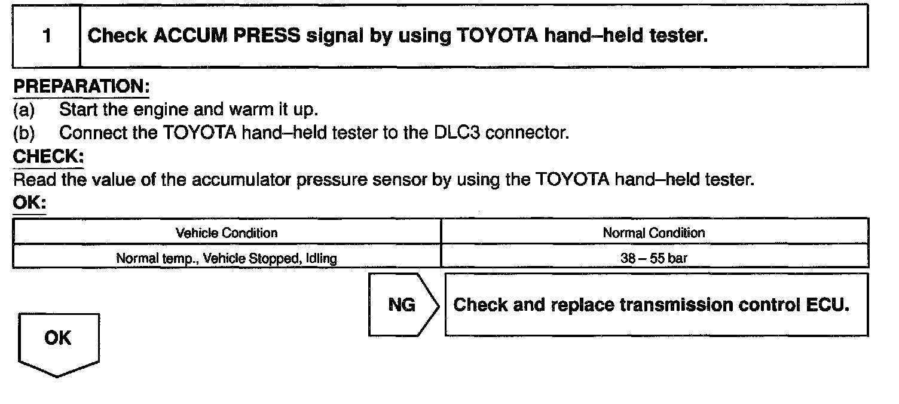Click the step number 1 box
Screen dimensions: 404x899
click(x=47, y=36)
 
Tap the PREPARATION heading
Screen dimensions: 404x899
click(x=81, y=87)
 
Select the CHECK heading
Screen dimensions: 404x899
click(x=48, y=157)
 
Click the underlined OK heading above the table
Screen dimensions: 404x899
click(x=29, y=203)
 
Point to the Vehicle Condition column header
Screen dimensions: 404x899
click(x=227, y=232)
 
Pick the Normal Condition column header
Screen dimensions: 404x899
click(x=654, y=232)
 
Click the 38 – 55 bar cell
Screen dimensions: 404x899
click(x=654, y=259)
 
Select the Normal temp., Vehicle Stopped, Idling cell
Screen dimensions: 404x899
click(x=227, y=259)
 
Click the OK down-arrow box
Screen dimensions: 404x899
click(x=58, y=341)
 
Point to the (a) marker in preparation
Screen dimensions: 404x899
click(x=24, y=110)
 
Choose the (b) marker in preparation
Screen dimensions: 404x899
click(x=24, y=132)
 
